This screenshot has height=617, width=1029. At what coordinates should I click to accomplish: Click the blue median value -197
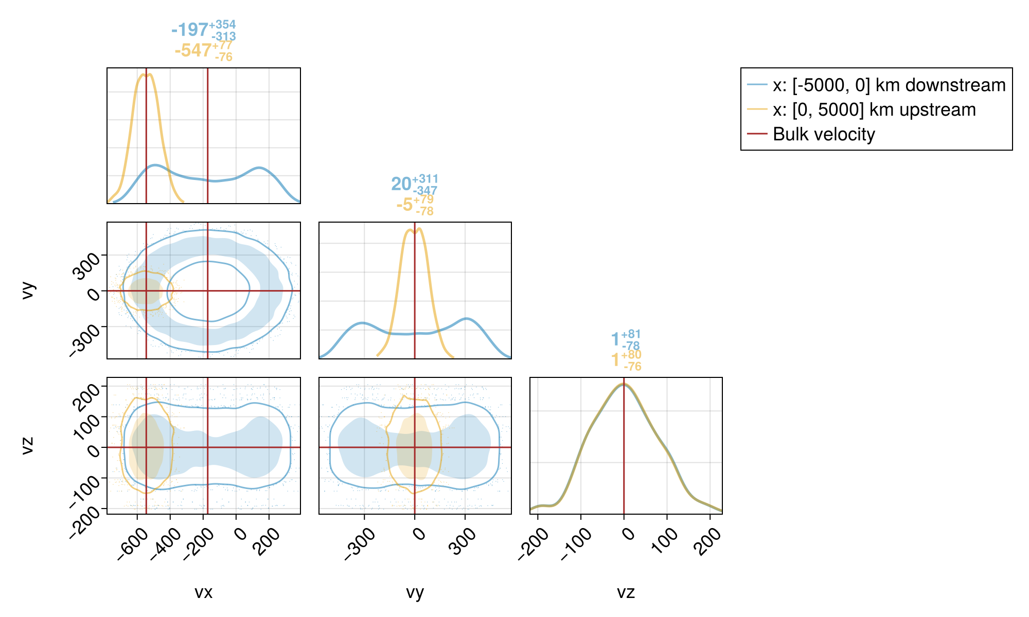pos(189,30)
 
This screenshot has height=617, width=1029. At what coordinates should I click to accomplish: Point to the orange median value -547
pos(193,50)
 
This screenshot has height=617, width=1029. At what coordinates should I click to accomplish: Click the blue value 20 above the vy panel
pos(401,184)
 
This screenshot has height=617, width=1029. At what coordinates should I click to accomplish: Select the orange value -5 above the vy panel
pos(404,205)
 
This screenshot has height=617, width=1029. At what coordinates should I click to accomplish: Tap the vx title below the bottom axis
pos(203,592)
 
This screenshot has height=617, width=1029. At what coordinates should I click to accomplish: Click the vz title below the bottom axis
pos(626,592)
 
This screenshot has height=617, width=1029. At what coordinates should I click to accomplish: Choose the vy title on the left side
pos(28,291)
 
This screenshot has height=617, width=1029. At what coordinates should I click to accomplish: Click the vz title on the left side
pos(28,445)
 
